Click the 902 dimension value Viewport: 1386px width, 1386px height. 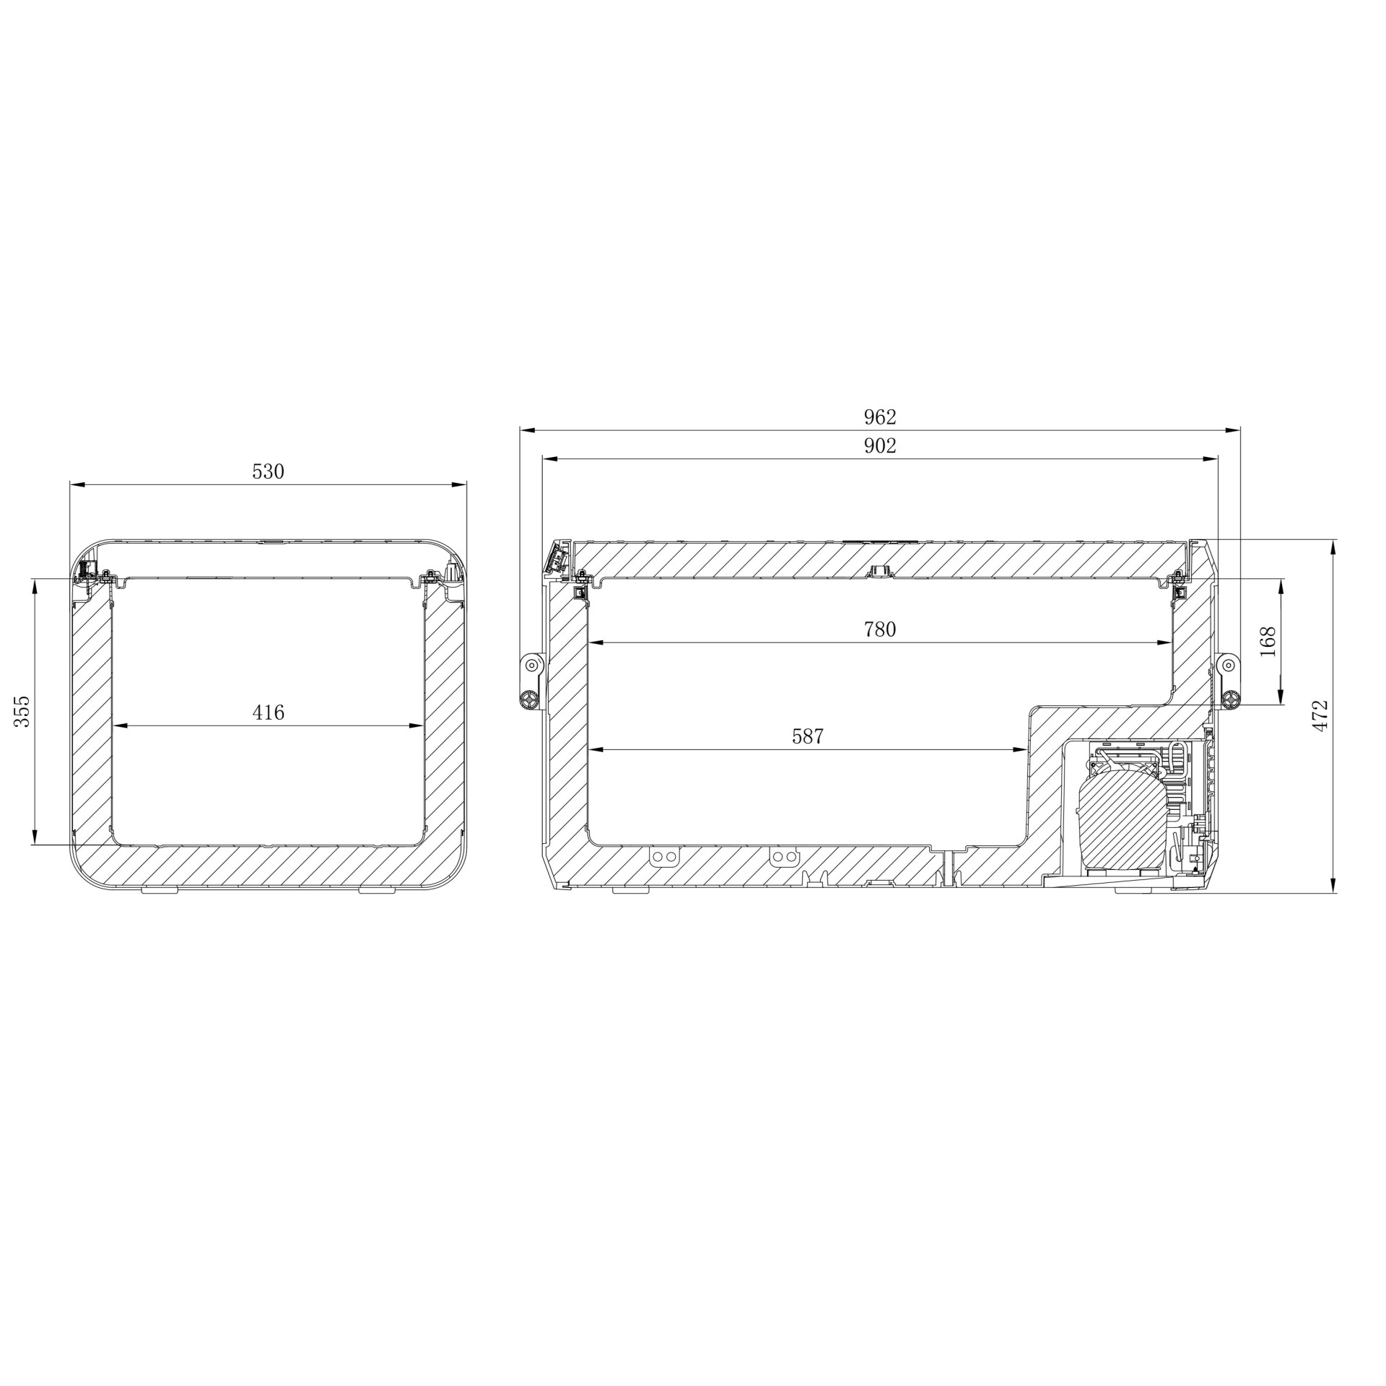(879, 447)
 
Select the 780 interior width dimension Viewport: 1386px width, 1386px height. (879, 630)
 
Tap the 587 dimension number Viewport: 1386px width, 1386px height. (807, 737)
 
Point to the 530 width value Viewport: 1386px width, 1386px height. (268, 472)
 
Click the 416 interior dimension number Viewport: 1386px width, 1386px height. (268, 713)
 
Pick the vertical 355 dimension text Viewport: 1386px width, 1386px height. (23, 711)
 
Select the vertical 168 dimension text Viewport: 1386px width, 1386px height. (1268, 641)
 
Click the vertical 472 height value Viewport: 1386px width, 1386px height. (1320, 715)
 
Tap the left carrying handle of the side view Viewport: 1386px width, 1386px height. (531, 681)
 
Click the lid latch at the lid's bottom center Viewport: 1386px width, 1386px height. (879, 572)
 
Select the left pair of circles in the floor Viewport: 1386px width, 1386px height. (664, 857)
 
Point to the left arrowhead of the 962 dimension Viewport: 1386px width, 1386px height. (526, 431)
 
